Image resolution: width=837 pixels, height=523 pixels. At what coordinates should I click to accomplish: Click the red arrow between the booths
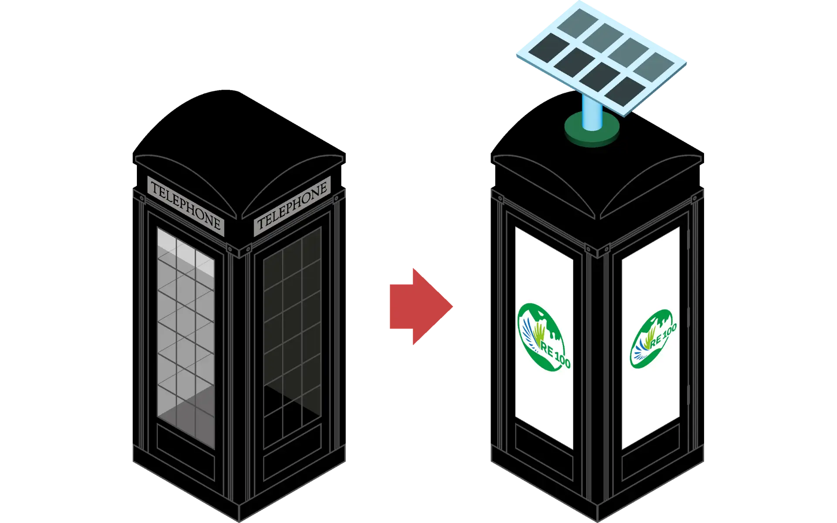(x=416, y=307)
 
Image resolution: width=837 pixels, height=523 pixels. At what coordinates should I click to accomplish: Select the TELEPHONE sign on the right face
(x=292, y=206)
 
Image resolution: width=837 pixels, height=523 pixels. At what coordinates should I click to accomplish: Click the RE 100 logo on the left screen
(x=543, y=336)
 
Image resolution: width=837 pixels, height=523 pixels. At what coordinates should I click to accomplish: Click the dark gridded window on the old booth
(x=292, y=336)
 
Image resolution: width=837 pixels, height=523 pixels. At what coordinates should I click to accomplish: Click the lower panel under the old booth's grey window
(x=186, y=453)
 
